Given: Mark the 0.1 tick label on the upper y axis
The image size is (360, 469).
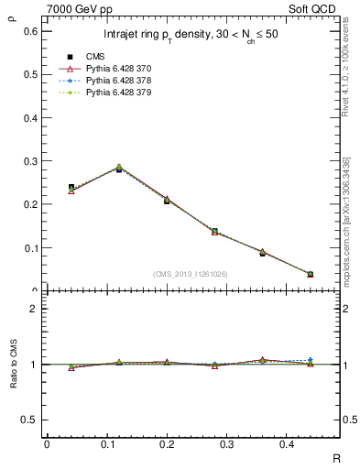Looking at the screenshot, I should pyautogui.click(x=30, y=248).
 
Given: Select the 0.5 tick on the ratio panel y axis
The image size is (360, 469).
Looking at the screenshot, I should pyautogui.click(x=30, y=420).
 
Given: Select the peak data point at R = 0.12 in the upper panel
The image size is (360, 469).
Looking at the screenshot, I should pyautogui.click(x=118, y=169).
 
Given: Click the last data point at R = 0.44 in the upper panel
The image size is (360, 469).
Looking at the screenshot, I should pyautogui.click(x=311, y=274).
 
